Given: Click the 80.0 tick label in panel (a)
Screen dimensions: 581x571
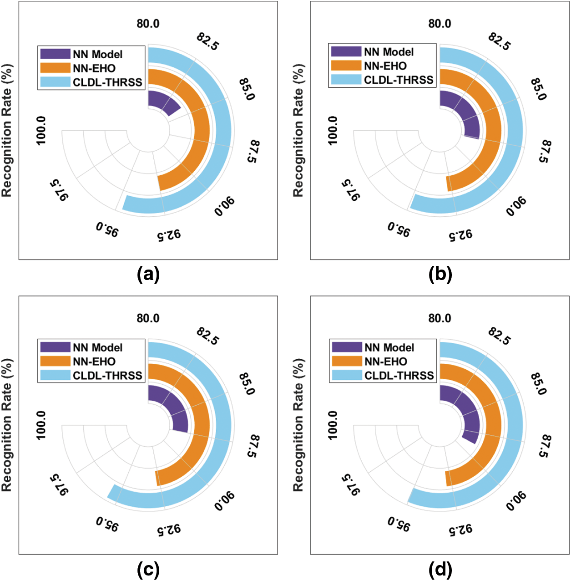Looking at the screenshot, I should pyautogui.click(x=148, y=24).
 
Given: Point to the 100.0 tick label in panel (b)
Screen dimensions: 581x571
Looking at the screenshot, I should pyautogui.click(x=333, y=131).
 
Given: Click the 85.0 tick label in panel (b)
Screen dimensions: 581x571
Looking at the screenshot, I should pyautogui.click(x=539, y=89).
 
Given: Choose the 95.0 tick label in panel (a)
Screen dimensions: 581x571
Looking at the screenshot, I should pyautogui.click(x=107, y=229).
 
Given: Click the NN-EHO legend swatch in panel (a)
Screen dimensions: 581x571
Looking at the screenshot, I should pyautogui.click(x=55, y=68).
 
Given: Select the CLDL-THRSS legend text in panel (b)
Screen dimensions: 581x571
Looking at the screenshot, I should pyautogui.click(x=399, y=80).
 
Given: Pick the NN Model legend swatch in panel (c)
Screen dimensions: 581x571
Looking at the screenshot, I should pyautogui.click(x=55, y=347).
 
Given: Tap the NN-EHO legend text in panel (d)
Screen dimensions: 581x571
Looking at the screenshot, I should pyautogui.click(x=386, y=362).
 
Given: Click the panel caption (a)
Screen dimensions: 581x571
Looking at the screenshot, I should pyautogui.click(x=148, y=275).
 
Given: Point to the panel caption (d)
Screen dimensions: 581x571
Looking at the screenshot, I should pyautogui.click(x=440, y=569).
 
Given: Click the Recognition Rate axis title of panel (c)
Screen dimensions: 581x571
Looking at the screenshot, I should pyautogui.click(x=6, y=425).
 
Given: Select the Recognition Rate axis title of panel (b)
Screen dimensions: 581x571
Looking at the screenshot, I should pyautogui.click(x=298, y=131).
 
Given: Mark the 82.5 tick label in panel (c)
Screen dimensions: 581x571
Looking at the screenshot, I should pyautogui.click(x=208, y=336).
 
